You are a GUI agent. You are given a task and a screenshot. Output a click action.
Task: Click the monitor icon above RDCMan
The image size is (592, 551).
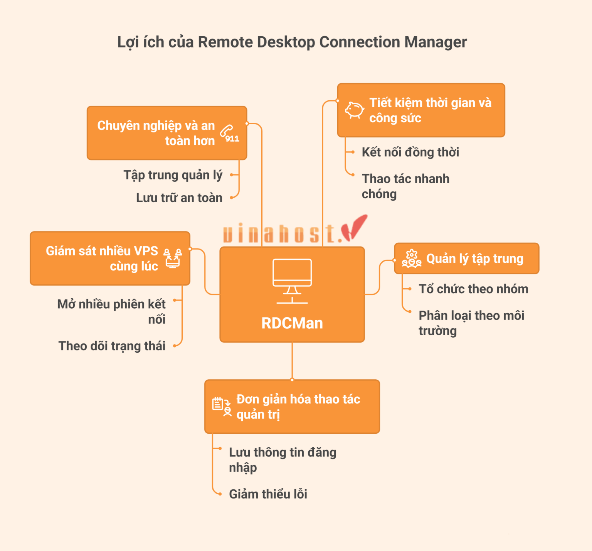tap(292, 281)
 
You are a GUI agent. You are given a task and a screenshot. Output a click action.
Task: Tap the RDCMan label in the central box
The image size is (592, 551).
tap(292, 323)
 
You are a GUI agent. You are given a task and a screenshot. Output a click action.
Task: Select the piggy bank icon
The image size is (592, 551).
tap(354, 110)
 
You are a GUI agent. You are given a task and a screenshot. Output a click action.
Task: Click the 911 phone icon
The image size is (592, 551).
tap(229, 134)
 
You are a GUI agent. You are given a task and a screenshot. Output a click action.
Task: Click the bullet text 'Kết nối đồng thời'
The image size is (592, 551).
tap(410, 152)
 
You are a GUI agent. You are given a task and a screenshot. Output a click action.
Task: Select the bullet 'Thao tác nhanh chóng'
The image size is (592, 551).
tap(405, 186)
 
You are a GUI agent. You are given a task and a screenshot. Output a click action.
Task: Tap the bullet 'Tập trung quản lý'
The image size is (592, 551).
tap(173, 175)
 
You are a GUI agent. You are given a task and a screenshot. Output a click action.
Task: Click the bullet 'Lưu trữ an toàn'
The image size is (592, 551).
tap(179, 198)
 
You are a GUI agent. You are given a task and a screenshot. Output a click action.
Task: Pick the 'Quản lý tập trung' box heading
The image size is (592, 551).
tap(474, 259)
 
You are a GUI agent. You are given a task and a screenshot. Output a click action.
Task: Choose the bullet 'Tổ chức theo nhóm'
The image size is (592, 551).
tap(473, 289)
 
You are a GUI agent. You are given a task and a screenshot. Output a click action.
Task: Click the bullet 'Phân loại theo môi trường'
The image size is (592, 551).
tap(471, 323)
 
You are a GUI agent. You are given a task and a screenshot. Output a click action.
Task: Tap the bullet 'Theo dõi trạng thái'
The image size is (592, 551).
tap(112, 346)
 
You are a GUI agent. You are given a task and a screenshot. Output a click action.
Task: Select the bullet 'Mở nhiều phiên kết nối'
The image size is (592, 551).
tap(111, 311)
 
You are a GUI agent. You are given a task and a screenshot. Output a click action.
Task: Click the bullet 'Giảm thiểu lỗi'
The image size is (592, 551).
tap(268, 494)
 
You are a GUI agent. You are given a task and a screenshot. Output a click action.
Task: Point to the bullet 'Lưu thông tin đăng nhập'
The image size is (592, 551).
tap(282, 460)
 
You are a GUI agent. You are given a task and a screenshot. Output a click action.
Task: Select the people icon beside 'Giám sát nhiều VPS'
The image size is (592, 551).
tap(172, 258)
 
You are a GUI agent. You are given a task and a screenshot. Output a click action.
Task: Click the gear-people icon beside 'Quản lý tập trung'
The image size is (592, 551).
tap(411, 259)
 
